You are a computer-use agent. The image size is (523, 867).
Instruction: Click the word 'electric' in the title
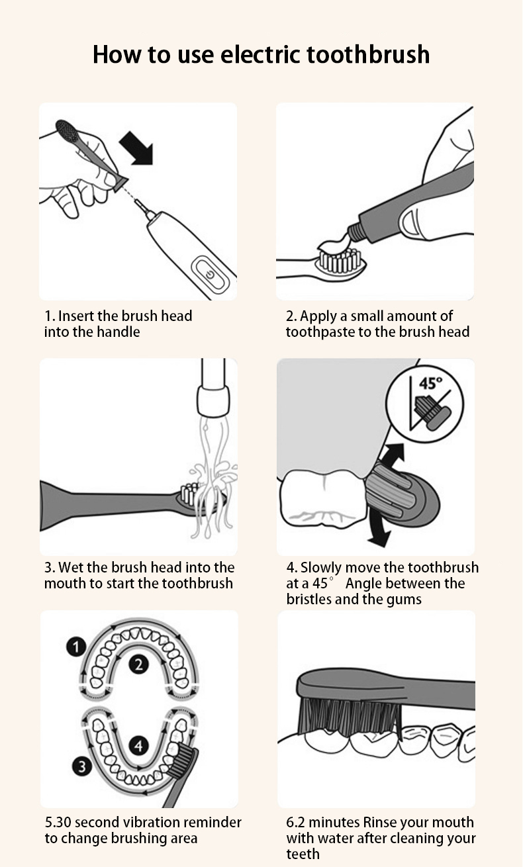(x=260, y=54)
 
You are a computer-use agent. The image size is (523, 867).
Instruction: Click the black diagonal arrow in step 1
(x=137, y=148)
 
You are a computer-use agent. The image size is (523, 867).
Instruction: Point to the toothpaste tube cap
(x=357, y=232)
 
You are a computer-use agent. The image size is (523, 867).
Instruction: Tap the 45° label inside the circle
(x=430, y=383)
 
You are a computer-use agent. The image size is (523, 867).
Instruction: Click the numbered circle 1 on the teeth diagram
(x=76, y=647)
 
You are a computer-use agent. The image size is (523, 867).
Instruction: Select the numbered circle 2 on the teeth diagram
(x=138, y=664)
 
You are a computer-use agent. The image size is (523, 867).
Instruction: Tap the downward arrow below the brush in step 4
(x=379, y=530)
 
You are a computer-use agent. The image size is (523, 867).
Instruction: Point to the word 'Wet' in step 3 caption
(x=70, y=567)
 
